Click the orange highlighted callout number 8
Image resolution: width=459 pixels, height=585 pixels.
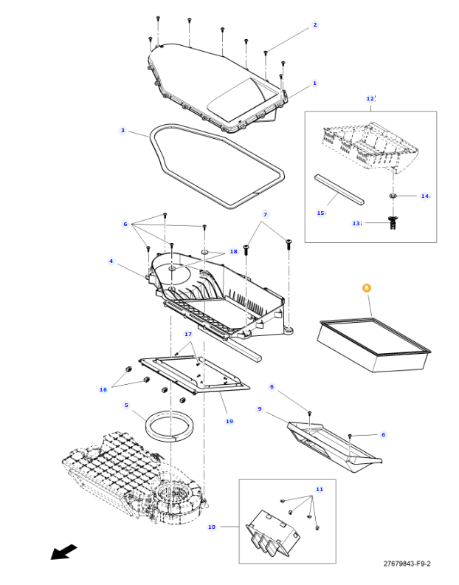367,288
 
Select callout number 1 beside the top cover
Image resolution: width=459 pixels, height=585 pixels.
314,83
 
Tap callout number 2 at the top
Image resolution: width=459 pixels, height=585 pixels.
315,25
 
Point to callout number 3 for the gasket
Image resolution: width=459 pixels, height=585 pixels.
122,131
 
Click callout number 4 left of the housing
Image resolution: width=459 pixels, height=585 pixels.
111,261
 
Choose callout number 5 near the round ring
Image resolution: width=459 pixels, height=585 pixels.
126,405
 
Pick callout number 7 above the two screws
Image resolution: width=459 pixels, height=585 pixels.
265,214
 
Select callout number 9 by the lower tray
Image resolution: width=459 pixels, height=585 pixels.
260,408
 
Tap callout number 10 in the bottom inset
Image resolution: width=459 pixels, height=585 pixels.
212,527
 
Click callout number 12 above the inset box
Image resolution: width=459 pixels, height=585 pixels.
370,98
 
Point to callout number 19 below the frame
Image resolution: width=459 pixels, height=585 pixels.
229,421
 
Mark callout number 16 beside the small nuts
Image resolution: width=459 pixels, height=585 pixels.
103,389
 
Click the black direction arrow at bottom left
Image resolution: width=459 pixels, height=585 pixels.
64,552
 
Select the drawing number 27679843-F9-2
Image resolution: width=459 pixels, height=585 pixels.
407,564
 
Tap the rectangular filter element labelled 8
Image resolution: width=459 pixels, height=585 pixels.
373,343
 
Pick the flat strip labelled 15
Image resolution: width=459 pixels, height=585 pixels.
339,188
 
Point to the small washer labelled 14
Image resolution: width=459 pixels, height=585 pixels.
393,196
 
